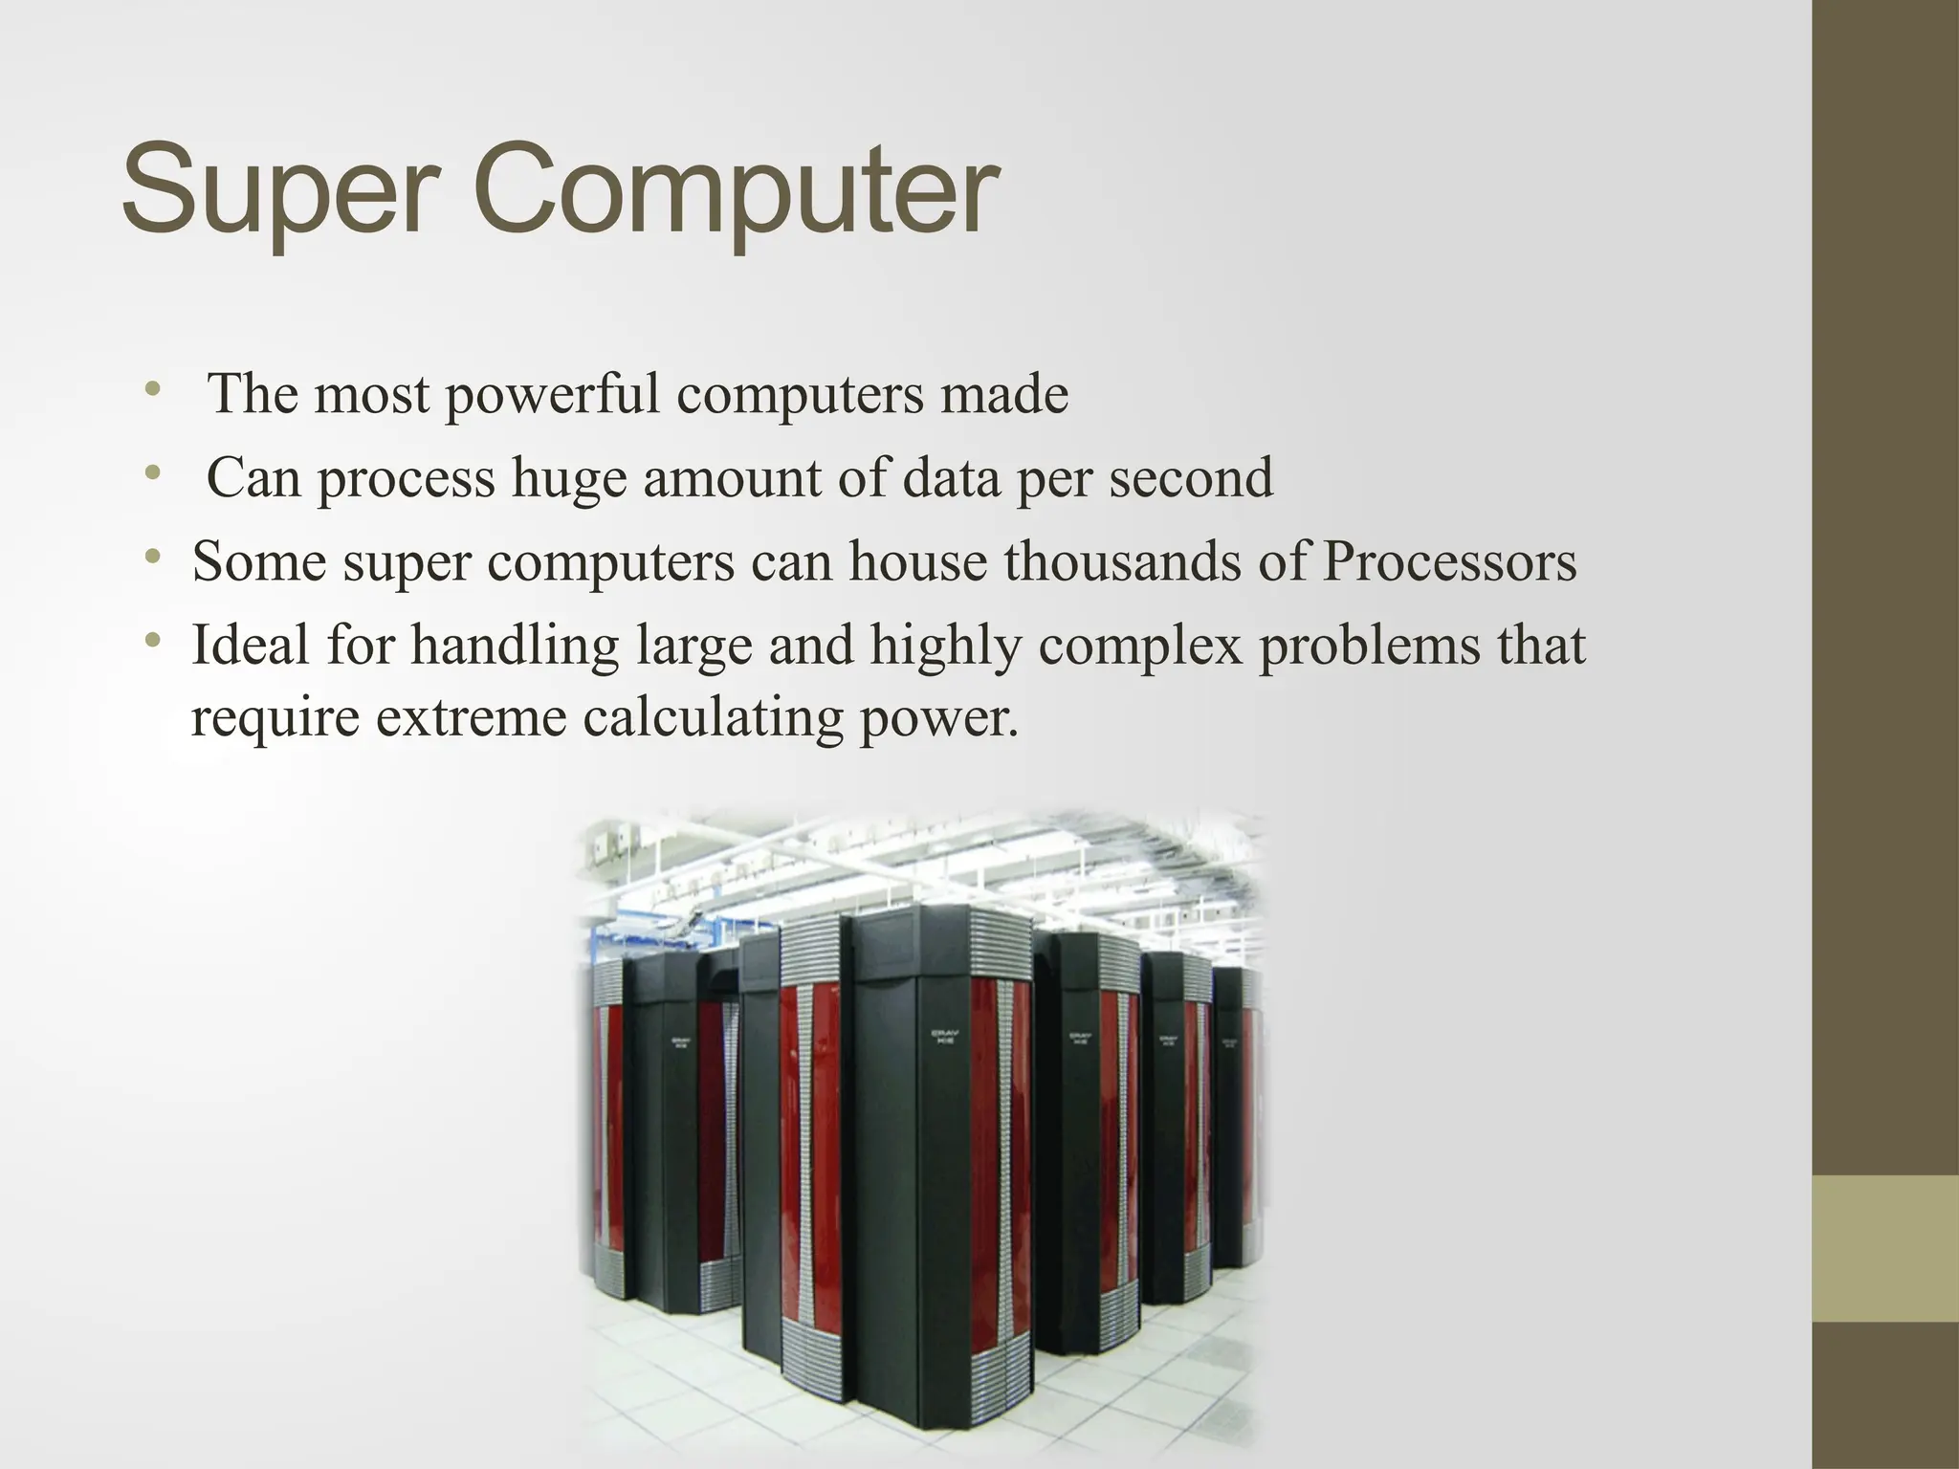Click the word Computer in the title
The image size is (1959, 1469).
pyautogui.click(x=737, y=190)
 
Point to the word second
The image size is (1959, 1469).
pyautogui.click(x=1191, y=477)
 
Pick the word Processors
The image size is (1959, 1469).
pyautogui.click(x=1449, y=561)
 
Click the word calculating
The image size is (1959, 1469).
pyautogui.click(x=713, y=718)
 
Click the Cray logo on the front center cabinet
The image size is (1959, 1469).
pyautogui.click(x=945, y=1038)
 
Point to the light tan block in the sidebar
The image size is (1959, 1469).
pyautogui.click(x=1885, y=1248)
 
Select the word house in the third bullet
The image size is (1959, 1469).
pyautogui.click(x=917, y=561)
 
